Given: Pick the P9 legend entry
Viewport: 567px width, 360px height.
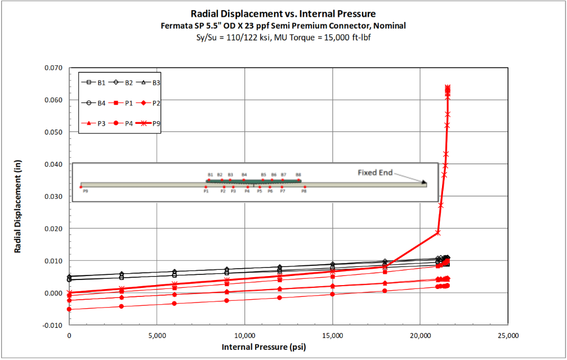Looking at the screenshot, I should (144, 123).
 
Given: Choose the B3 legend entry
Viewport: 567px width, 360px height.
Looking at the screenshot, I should (144, 82).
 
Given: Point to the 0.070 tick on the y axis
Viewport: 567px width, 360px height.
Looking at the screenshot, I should (54, 68).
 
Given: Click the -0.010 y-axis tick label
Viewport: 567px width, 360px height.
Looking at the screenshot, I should (53, 325).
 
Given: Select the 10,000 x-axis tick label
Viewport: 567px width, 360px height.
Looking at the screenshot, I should (244, 336).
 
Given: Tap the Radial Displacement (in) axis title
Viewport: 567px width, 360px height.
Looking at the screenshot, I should (18, 197).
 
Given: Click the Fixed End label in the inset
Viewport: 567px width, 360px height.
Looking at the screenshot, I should (375, 172).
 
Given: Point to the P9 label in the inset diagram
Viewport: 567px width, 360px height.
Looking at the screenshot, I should (85, 192).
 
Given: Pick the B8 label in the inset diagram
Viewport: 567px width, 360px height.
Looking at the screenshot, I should (298, 175).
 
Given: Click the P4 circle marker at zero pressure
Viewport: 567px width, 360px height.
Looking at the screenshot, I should (69, 309).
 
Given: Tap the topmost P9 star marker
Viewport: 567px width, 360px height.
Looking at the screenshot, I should (448, 87).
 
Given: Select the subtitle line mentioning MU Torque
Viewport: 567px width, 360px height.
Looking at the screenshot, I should (283, 37).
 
